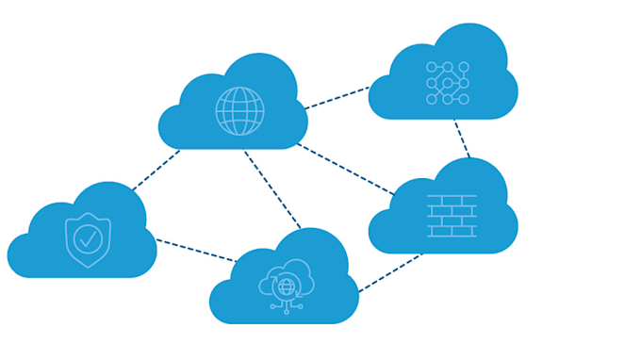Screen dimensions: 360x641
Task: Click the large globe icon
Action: pyautogui.click(x=239, y=111)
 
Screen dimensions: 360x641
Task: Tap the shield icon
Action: pyautogui.click(x=88, y=239)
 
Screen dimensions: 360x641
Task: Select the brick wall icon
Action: pyautogui.click(x=452, y=216)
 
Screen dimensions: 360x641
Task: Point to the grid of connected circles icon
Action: pyautogui.click(x=448, y=83)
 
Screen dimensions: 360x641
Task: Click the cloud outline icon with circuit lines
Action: pyautogui.click(x=286, y=283)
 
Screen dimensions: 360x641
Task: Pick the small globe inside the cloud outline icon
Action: pyautogui.click(x=287, y=285)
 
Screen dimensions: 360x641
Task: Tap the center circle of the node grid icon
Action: pyautogui.click(x=448, y=83)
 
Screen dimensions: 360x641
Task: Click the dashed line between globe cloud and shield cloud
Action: pyautogui.click(x=155, y=171)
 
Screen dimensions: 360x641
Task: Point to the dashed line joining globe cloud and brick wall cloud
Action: pyautogui.click(x=345, y=169)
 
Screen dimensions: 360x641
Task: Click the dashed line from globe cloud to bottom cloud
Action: pyautogui.click(x=272, y=188)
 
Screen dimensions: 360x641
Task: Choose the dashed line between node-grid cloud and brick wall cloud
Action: pyautogui.click(x=462, y=139)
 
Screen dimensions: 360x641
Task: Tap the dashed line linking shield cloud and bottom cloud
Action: pyautogui.click(x=195, y=250)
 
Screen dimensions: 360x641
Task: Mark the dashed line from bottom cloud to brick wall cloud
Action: pyautogui.click(x=389, y=273)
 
